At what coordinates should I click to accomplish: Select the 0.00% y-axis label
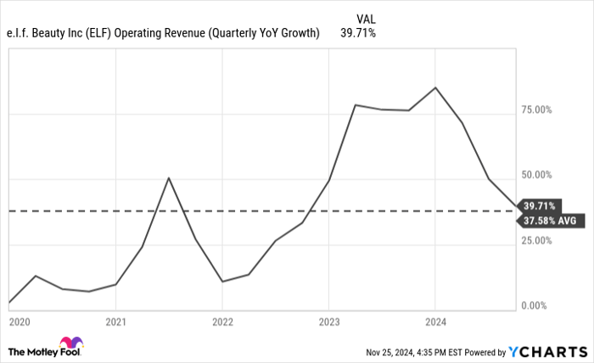point(538,305)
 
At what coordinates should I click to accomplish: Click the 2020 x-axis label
point(20,322)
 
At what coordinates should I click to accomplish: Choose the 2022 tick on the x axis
point(222,322)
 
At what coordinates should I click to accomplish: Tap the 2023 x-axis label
point(329,322)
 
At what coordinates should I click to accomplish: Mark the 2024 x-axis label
point(435,322)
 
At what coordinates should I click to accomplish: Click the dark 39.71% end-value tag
point(541,205)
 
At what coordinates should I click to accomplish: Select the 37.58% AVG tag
point(551,220)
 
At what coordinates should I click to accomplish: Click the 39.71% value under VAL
point(358,33)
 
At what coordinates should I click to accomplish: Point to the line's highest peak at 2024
point(435,87)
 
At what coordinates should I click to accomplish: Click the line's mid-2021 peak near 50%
point(169,177)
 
